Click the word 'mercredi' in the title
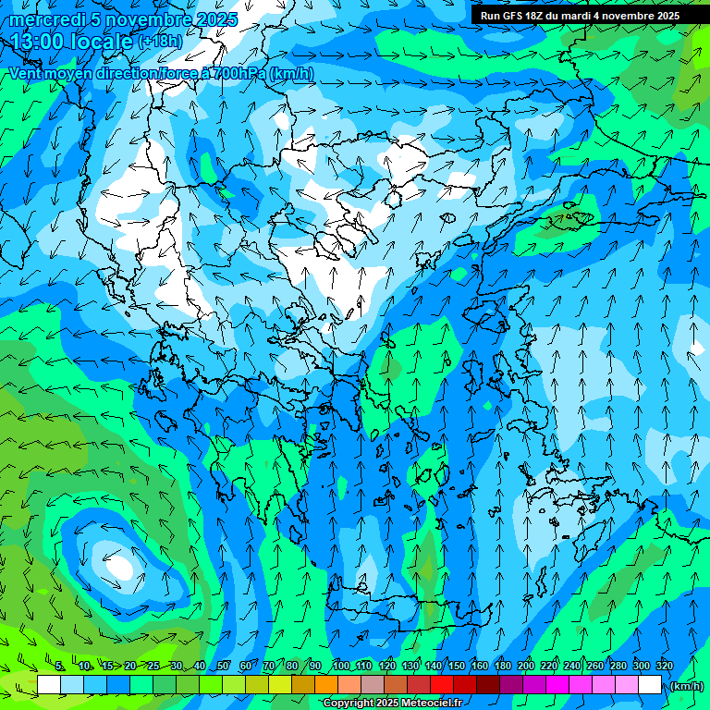click(x=41, y=19)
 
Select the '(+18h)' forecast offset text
click(x=160, y=42)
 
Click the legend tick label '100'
click(x=341, y=667)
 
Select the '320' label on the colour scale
click(x=664, y=667)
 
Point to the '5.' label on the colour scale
click(x=60, y=667)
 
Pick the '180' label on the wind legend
click(x=502, y=667)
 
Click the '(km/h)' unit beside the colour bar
click(x=686, y=686)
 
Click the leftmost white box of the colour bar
click(x=49, y=685)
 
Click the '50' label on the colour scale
click(x=223, y=667)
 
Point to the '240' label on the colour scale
click(x=571, y=667)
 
